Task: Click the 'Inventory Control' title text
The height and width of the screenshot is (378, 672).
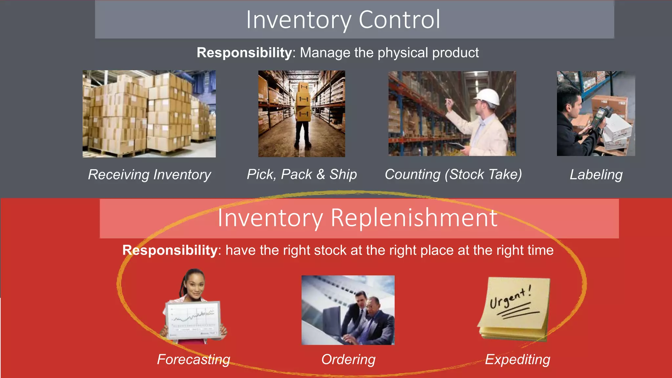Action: (343, 20)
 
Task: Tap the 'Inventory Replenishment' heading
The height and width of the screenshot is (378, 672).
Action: (357, 218)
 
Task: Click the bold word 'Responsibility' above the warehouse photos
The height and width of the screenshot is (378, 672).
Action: (244, 53)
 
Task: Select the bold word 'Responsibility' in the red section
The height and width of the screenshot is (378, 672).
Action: (170, 250)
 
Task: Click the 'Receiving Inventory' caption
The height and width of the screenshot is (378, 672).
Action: (150, 175)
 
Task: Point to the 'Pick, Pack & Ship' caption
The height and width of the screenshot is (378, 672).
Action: (302, 174)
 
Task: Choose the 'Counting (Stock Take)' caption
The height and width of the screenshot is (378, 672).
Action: (453, 174)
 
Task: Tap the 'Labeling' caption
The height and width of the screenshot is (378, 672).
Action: (596, 175)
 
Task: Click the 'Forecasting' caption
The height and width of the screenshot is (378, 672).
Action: (194, 359)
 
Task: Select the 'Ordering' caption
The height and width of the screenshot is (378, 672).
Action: (348, 359)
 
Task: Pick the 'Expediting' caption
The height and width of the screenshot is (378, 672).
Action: (517, 359)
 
